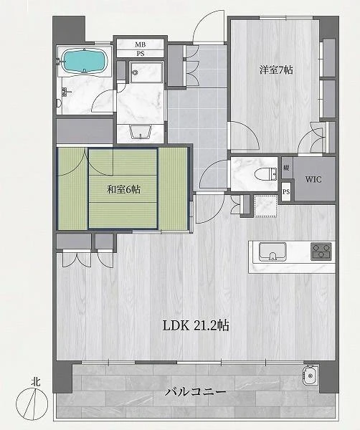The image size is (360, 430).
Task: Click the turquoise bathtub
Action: point(84,61)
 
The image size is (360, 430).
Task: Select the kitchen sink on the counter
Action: point(273,252)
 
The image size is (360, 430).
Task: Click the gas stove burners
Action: point(321,252)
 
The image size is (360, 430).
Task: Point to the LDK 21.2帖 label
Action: point(196,326)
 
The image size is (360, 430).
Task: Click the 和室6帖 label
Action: point(123,189)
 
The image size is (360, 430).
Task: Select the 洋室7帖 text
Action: point(276,70)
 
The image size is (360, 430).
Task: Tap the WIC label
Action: point(313,180)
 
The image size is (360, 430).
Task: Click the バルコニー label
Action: point(195,392)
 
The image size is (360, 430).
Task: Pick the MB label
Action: point(141,44)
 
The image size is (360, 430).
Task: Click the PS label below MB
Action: point(141,54)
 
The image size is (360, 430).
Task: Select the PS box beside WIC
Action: point(286,191)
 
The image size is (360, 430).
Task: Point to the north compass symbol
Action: point(32,403)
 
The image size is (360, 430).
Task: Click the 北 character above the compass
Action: point(36,382)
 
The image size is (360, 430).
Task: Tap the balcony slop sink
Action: point(311,375)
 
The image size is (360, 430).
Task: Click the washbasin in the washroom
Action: point(141,132)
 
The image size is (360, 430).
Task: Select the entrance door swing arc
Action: point(208,27)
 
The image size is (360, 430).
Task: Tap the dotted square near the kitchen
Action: point(265,206)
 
